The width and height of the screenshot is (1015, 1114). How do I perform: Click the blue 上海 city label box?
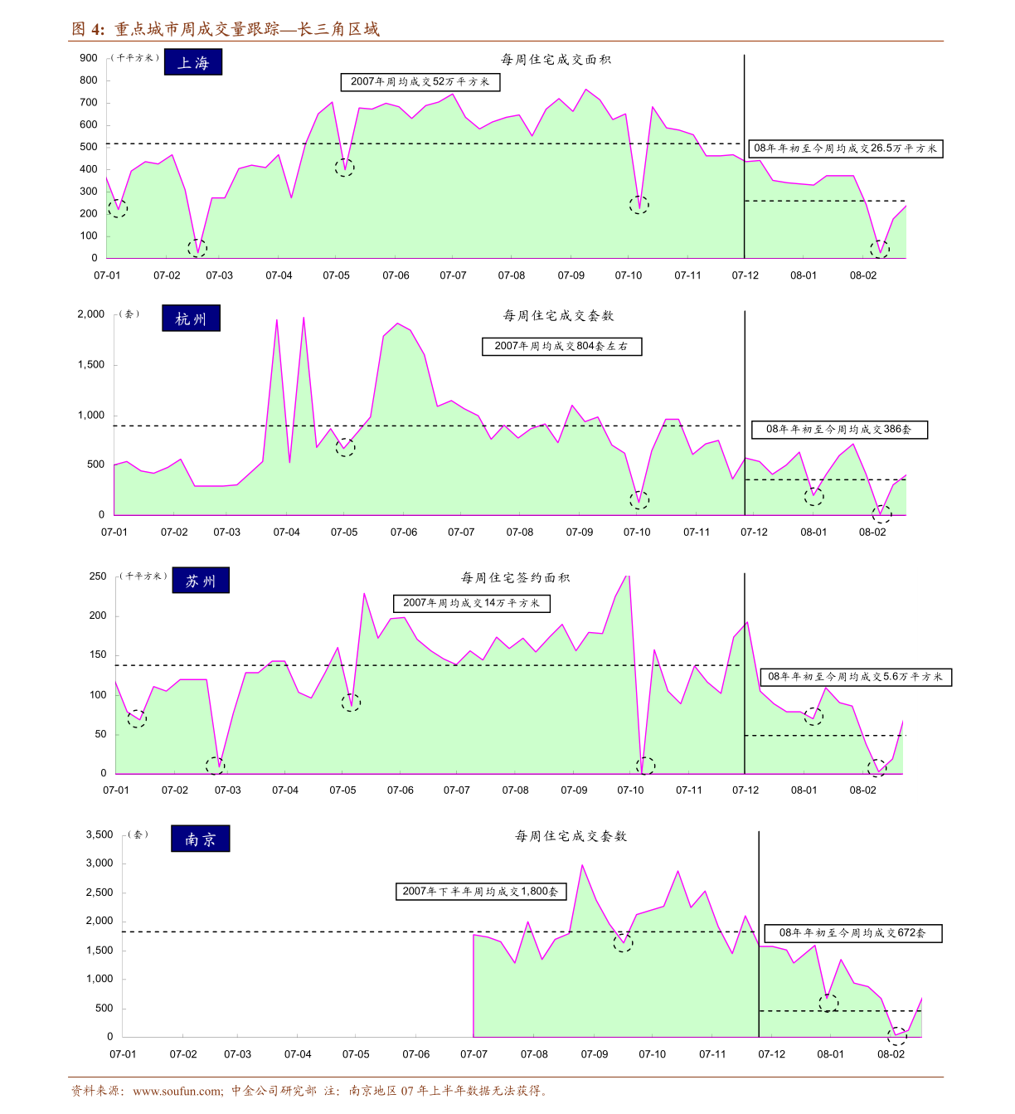click(x=193, y=63)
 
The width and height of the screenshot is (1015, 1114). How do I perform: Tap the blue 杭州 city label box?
click(x=191, y=319)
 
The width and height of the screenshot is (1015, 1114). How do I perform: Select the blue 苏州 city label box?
click(x=201, y=581)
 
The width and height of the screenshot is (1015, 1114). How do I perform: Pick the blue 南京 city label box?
click(x=200, y=839)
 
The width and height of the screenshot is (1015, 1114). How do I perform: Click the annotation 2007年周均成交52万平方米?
click(x=420, y=82)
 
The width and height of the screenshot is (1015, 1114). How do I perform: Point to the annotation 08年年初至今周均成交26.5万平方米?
click(x=845, y=148)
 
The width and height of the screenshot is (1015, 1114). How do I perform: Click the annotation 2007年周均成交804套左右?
click(x=561, y=347)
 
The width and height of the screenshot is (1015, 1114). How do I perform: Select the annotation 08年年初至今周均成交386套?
click(x=838, y=430)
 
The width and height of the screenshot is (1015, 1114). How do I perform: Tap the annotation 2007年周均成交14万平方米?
click(x=471, y=603)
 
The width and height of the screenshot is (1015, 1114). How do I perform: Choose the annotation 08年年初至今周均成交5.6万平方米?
click(x=855, y=677)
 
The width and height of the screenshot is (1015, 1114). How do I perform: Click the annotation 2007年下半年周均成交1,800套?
click(x=480, y=892)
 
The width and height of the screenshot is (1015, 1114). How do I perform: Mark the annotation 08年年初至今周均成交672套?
click(x=852, y=933)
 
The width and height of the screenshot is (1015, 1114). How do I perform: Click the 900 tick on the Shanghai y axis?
click(x=89, y=58)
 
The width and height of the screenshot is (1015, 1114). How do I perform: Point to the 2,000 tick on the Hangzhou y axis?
click(x=91, y=314)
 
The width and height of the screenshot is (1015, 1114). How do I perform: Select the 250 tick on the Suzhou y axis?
click(x=98, y=576)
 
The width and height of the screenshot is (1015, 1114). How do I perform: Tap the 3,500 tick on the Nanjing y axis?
click(x=100, y=834)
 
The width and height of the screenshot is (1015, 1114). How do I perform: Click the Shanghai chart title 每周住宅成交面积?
click(x=556, y=60)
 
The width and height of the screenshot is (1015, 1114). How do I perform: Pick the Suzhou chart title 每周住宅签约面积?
click(x=515, y=578)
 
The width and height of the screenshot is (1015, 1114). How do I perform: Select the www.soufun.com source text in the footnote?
click(x=177, y=1091)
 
